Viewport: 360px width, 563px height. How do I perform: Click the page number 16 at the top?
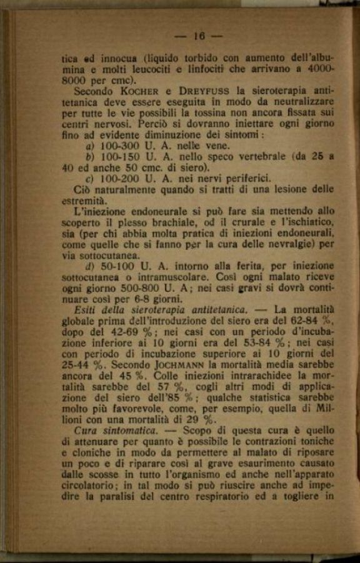(x=199, y=36)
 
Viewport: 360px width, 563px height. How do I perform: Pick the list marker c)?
(x=89, y=179)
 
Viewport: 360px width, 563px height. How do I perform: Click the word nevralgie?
(x=296, y=244)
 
